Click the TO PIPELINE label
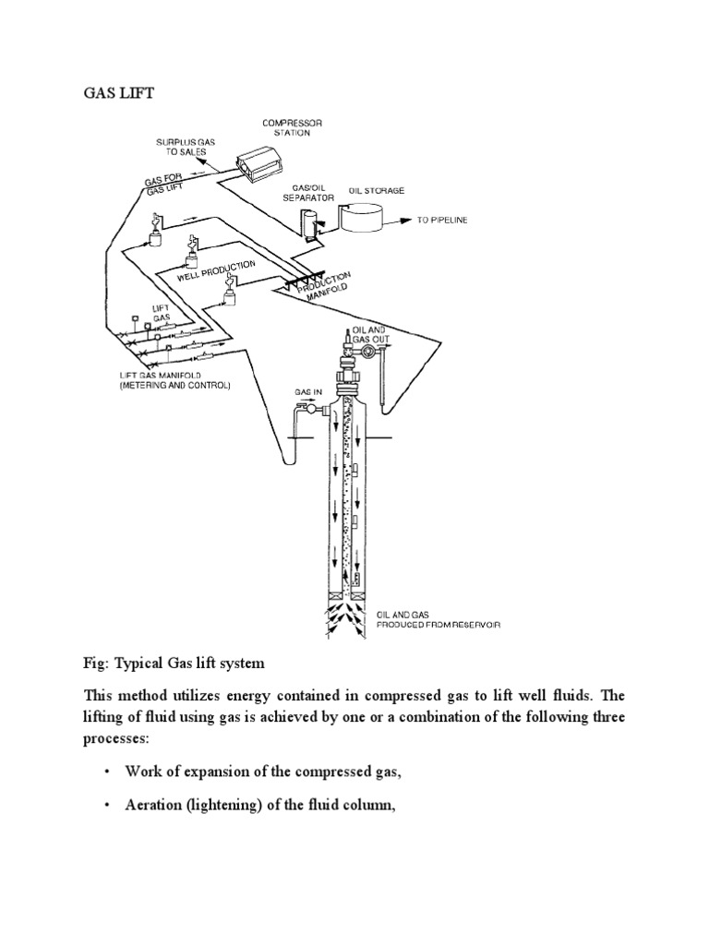(x=445, y=221)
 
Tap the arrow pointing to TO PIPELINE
(x=403, y=221)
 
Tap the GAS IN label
(x=307, y=392)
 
